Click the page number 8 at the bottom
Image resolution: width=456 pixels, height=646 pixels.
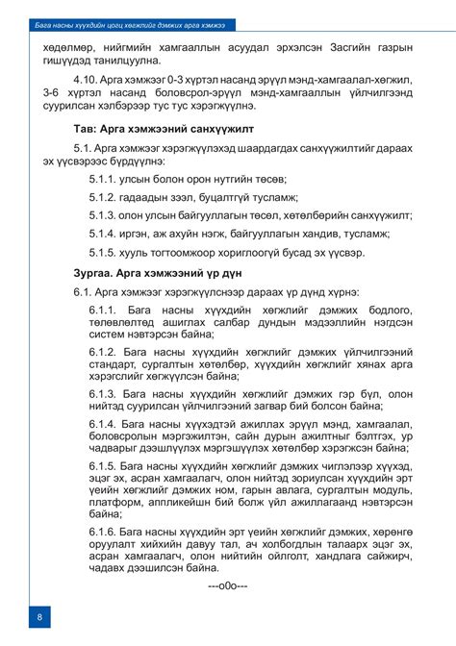(38, 615)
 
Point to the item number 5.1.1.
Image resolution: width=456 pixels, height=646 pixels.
(104, 180)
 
